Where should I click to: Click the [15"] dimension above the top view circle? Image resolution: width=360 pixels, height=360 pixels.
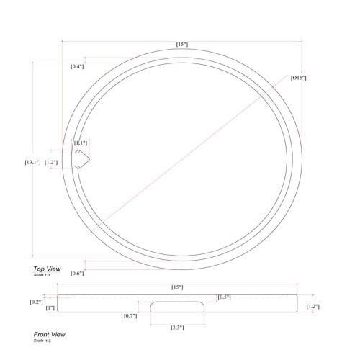click(x=182, y=45)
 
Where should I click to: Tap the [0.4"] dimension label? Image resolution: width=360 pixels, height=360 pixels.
click(x=77, y=66)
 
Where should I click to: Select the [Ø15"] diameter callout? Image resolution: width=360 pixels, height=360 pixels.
click(x=299, y=78)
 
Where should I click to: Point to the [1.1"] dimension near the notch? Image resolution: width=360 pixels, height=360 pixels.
click(x=81, y=143)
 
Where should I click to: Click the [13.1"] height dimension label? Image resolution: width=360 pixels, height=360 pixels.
click(x=32, y=162)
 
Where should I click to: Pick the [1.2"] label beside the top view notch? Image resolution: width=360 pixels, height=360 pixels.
click(x=51, y=162)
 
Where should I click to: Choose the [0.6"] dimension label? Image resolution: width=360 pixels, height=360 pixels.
click(x=77, y=273)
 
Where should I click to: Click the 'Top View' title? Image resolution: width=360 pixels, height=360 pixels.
click(x=47, y=269)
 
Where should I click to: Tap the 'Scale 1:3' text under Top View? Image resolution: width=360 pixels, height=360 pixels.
click(x=42, y=275)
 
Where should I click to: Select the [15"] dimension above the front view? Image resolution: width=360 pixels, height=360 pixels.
click(x=177, y=287)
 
